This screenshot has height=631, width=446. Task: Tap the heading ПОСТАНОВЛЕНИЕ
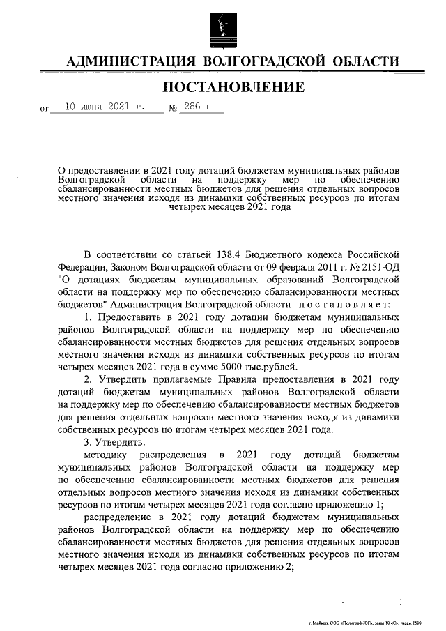click(233, 87)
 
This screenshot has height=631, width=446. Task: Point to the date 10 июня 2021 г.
click(104, 108)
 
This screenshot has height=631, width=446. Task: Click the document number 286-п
click(197, 108)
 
